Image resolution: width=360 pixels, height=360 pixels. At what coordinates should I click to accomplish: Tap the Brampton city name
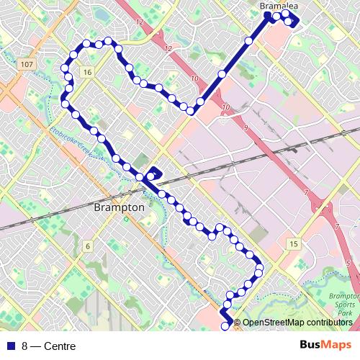[120, 207]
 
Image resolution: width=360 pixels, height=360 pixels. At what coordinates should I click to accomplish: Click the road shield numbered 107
[27, 65]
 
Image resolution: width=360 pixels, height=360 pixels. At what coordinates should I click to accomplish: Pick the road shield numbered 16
[87, 73]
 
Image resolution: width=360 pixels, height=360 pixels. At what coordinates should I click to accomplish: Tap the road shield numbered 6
[87, 246]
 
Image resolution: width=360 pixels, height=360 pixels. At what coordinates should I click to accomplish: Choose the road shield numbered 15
[293, 245]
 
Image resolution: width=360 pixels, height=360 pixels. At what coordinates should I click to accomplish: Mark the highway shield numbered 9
[246, 127]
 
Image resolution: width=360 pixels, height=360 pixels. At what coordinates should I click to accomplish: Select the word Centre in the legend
[60, 346]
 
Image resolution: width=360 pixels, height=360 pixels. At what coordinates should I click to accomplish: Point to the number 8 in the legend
[25, 346]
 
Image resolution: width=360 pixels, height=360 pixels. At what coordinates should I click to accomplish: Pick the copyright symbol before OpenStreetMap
[238, 323]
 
